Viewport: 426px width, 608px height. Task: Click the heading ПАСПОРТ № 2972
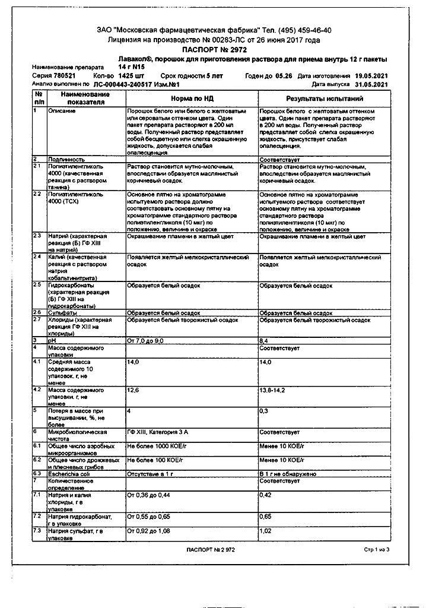click(214, 50)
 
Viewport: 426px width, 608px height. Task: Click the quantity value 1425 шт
click(131, 77)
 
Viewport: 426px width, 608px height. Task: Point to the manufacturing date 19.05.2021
click(371, 77)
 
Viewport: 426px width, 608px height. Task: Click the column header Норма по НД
click(192, 99)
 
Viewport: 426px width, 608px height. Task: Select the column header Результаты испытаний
click(325, 99)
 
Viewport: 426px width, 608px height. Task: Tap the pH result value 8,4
click(265, 341)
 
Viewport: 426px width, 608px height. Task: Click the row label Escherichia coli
click(69, 473)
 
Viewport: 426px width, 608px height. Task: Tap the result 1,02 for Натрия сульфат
click(265, 530)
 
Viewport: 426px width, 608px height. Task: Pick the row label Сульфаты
click(62, 312)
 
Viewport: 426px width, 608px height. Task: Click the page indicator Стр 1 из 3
click(377, 550)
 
